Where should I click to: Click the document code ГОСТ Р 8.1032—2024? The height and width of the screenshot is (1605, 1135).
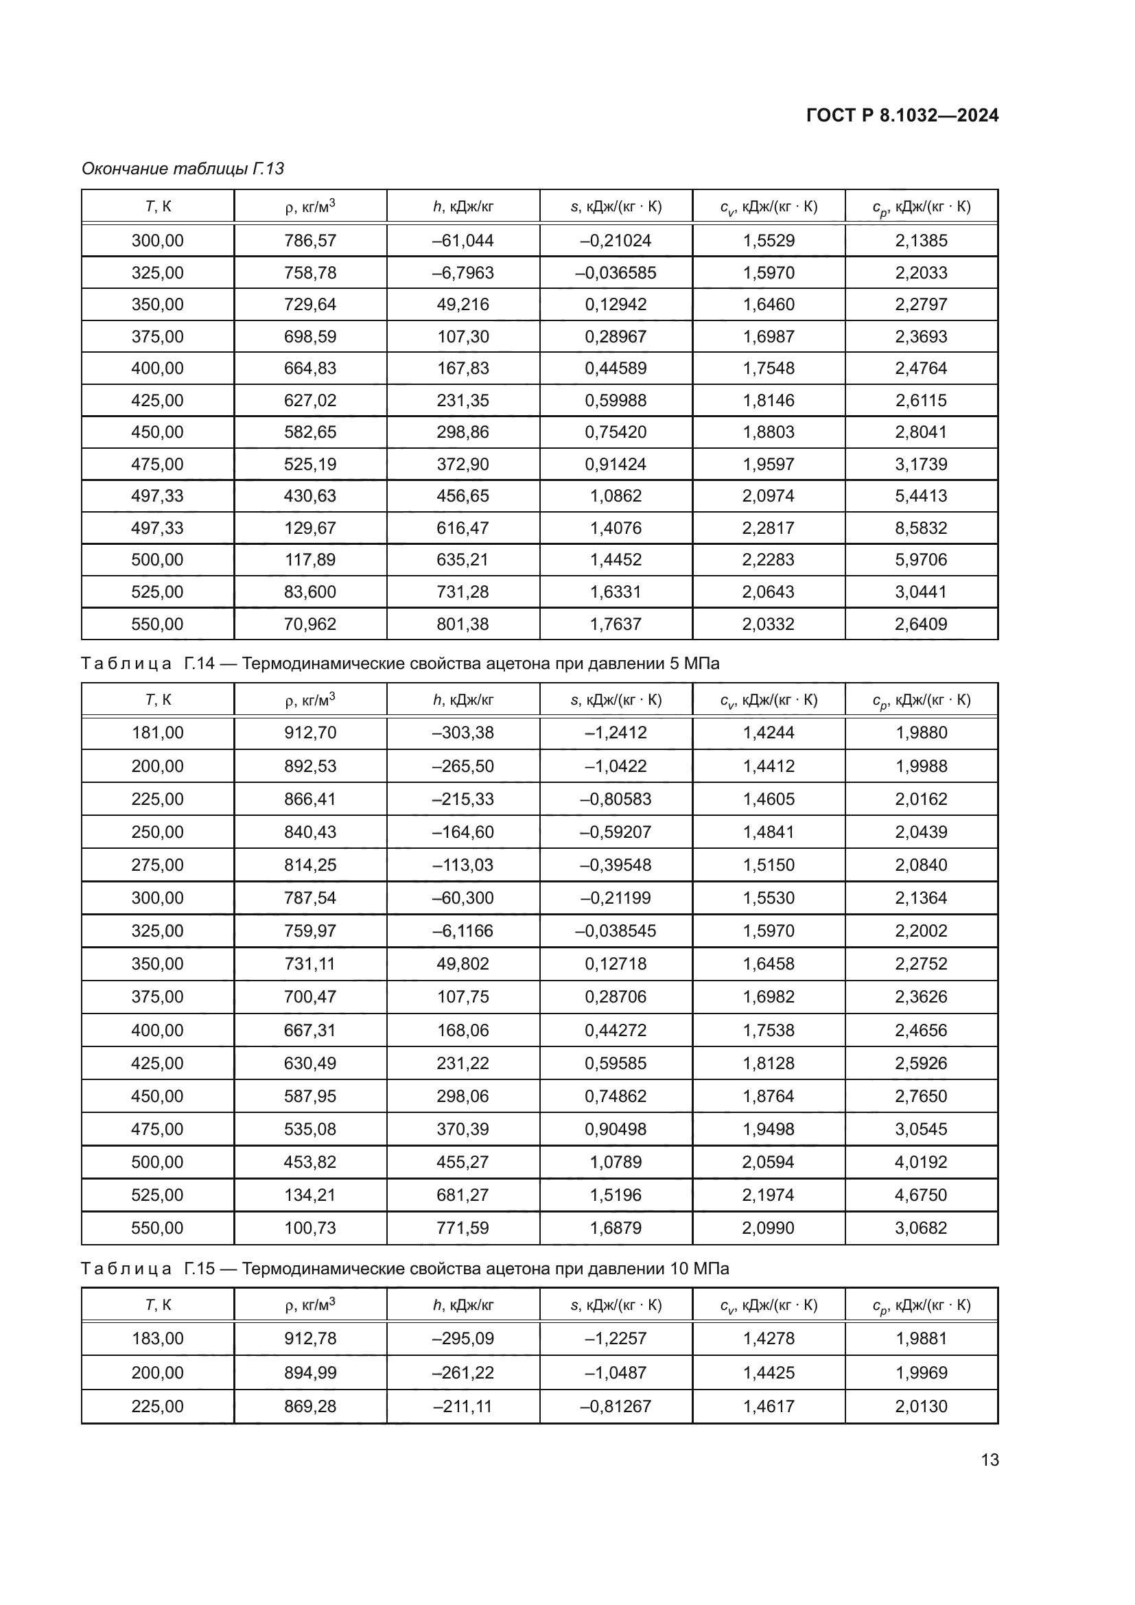point(902,115)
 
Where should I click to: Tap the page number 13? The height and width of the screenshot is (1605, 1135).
point(990,1460)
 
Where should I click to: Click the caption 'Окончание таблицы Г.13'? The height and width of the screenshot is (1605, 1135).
point(183,169)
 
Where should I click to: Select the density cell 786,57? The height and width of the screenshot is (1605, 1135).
point(309,240)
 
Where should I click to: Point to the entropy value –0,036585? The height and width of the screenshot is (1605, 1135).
point(615,272)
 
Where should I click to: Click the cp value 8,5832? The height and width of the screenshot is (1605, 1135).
point(920,528)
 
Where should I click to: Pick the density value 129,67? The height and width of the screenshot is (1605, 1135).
point(309,528)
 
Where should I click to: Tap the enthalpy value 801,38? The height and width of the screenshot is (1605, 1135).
point(463,624)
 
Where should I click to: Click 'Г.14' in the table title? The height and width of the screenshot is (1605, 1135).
point(199,663)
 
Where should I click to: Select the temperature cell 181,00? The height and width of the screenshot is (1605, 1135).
point(157,733)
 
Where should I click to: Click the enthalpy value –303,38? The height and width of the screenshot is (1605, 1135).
point(463,733)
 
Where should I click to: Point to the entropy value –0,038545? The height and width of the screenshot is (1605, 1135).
point(615,930)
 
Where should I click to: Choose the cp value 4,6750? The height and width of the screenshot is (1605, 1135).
point(920,1195)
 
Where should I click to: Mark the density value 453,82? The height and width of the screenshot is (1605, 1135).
point(309,1162)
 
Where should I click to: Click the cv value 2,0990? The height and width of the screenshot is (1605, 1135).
point(768,1228)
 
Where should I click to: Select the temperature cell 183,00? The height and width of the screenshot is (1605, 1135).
point(157,1338)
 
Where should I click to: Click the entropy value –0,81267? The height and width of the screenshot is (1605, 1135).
point(615,1406)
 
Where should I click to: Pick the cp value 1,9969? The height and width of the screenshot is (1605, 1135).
point(920,1372)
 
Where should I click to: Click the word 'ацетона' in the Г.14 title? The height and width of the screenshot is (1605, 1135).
point(517,663)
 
